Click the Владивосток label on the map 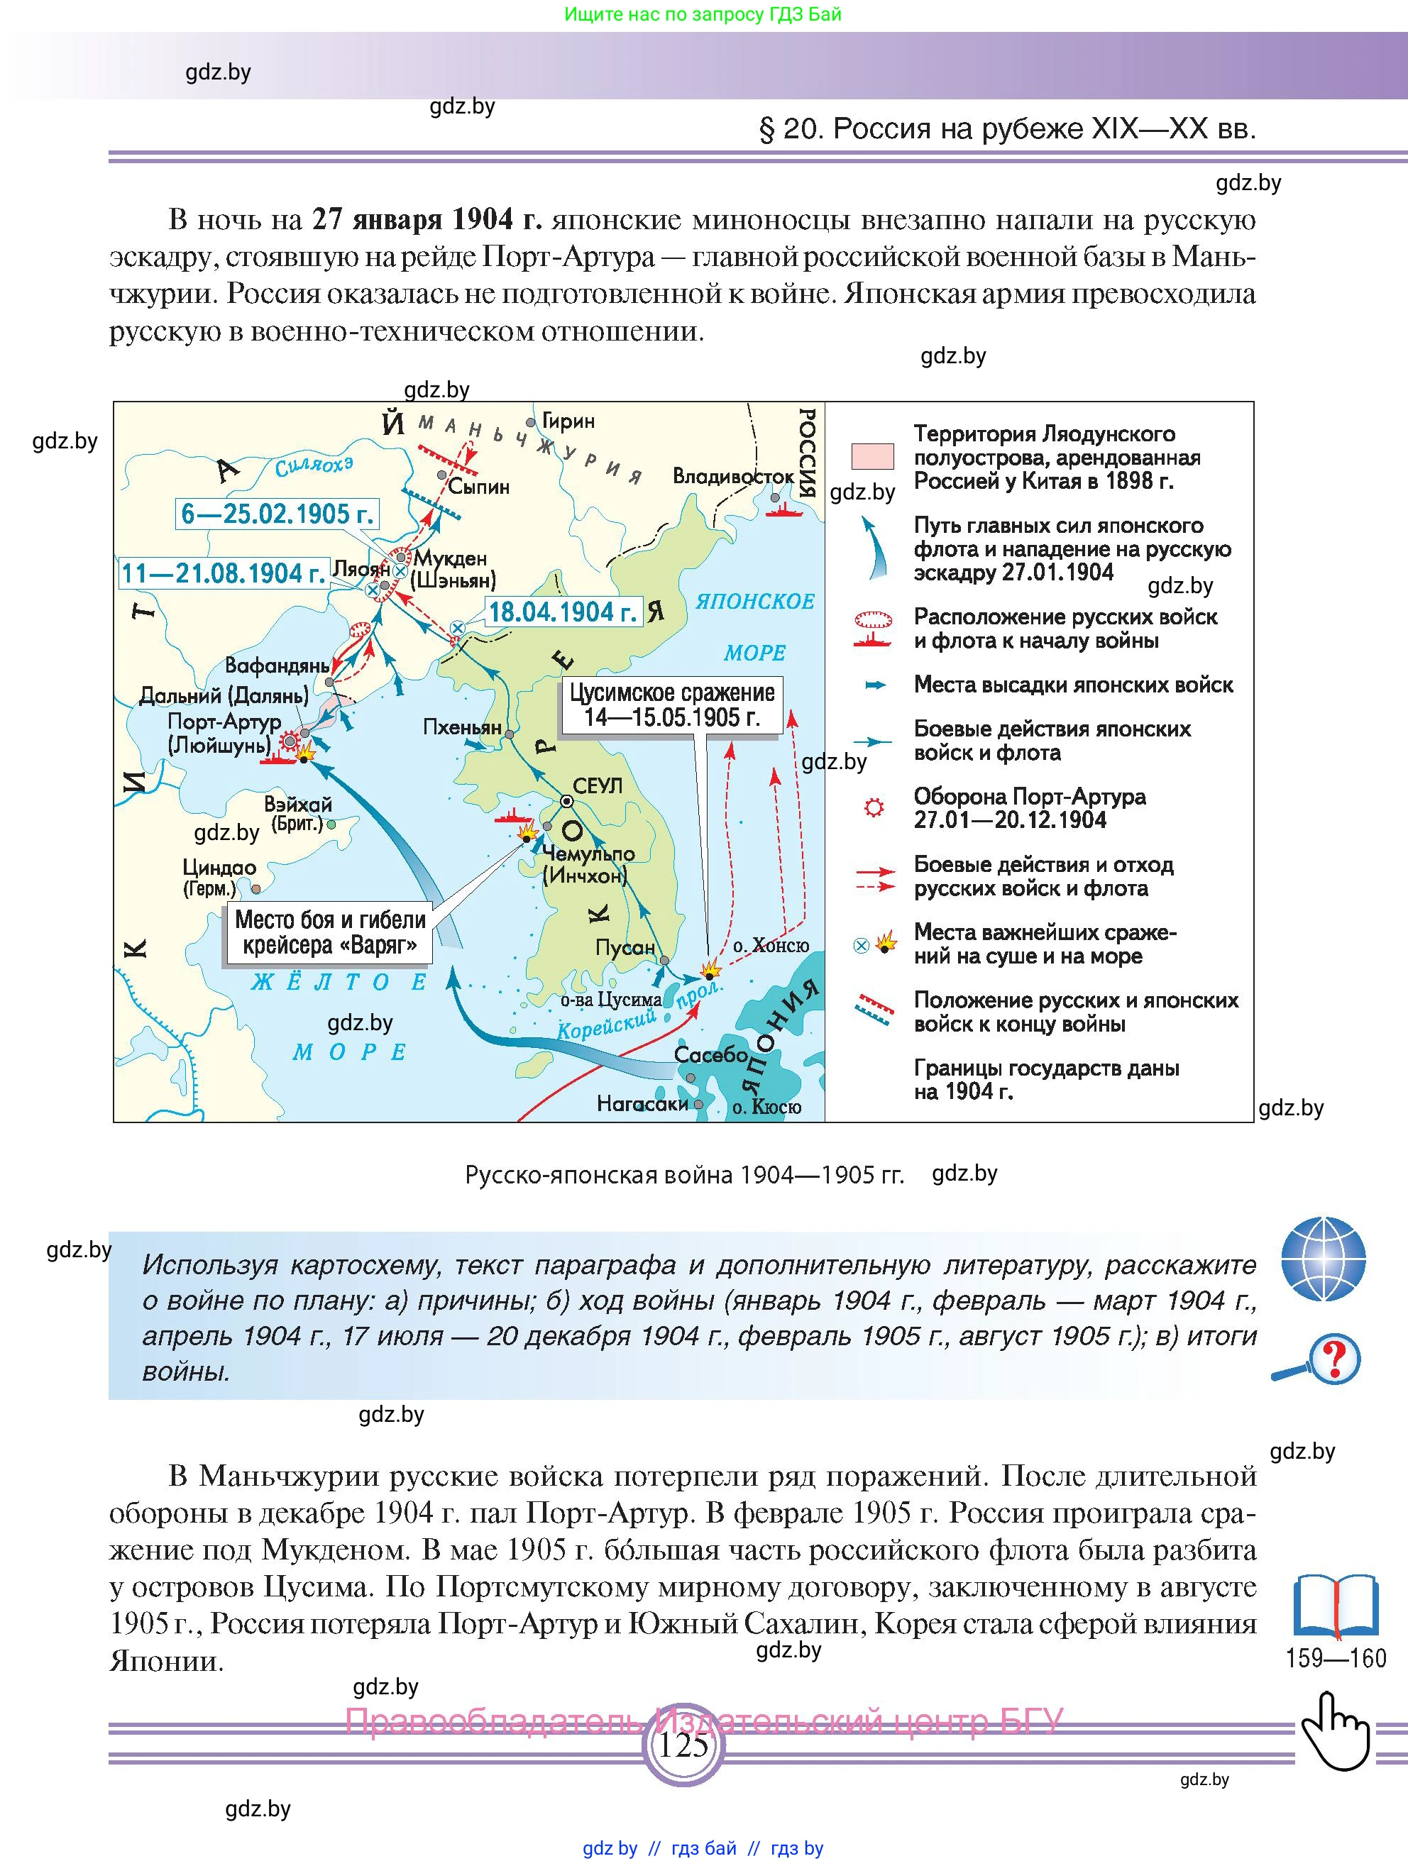[732, 477]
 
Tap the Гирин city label [568, 420]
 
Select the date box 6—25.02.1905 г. [277, 514]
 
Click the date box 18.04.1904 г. [563, 612]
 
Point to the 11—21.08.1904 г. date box [223, 573]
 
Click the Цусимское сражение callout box [671, 705]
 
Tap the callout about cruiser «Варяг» [329, 932]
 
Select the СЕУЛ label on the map [598, 785]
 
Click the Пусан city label [625, 947]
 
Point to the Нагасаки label [642, 1103]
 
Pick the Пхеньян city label [462, 727]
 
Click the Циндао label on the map [219, 867]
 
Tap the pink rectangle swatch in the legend [872, 456]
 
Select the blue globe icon [1323, 1259]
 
